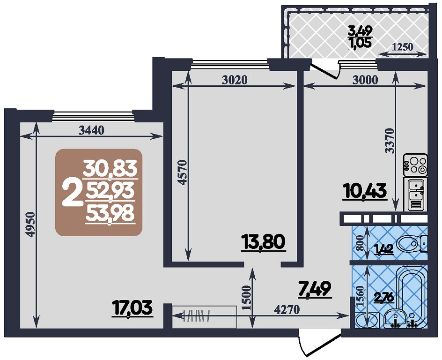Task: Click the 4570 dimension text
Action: (x=183, y=172)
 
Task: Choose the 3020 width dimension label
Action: (x=235, y=81)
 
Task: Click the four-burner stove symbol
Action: (x=415, y=165)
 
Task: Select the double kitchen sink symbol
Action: (x=415, y=194)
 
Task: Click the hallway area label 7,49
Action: (x=315, y=289)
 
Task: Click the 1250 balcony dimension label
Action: (x=402, y=46)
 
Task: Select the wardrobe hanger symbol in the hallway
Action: (x=197, y=316)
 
